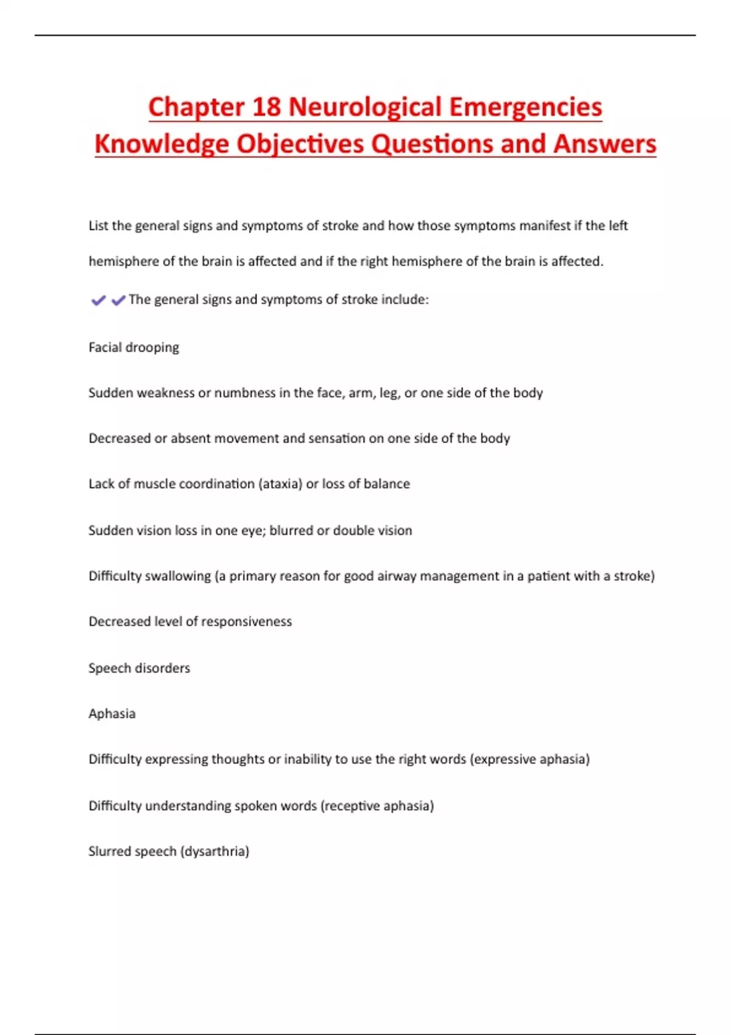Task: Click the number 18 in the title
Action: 266,107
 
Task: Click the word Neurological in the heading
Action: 364,107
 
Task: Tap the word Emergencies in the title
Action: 525,107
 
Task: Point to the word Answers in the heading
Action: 604,145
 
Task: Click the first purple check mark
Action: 98,300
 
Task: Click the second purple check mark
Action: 118,300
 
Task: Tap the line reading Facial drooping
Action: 133,348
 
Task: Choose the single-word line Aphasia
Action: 112,714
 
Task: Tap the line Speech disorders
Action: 139,668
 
